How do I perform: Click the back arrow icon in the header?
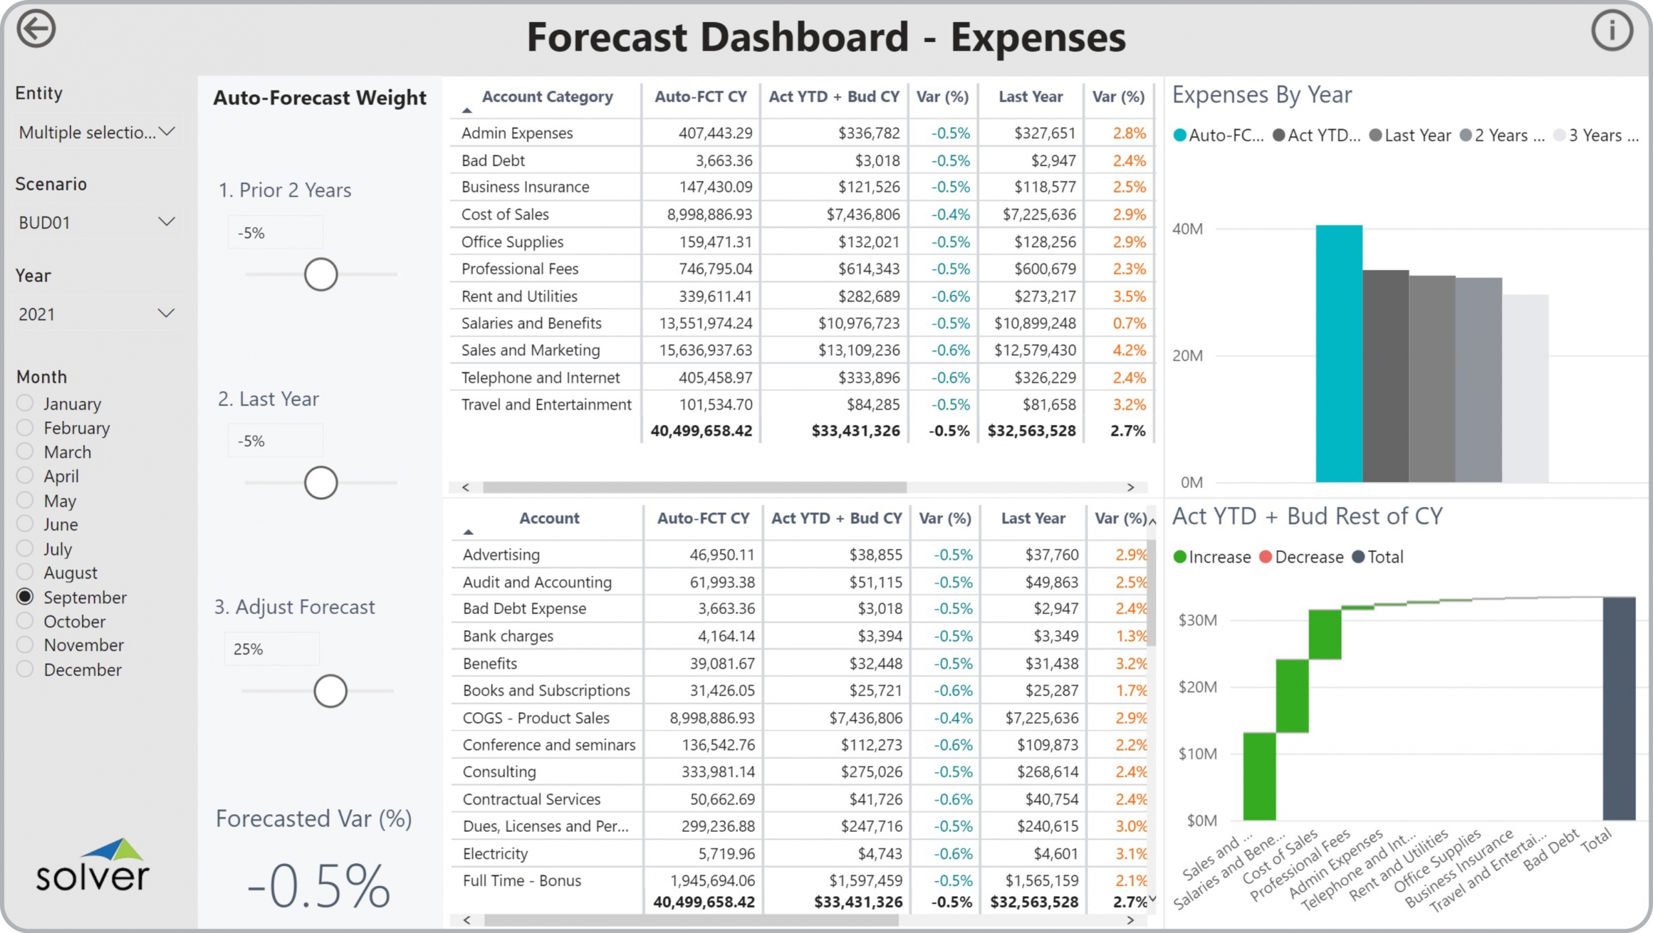pyautogui.click(x=36, y=29)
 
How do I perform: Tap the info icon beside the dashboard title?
pyautogui.click(x=1612, y=30)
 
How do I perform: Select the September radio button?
pyautogui.click(x=25, y=597)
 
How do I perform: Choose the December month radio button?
pyautogui.click(x=25, y=669)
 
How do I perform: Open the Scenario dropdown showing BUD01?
pyautogui.click(x=96, y=223)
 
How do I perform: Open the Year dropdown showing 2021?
pyautogui.click(x=96, y=314)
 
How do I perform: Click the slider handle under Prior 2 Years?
pyautogui.click(x=321, y=274)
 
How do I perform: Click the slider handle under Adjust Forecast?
pyautogui.click(x=330, y=691)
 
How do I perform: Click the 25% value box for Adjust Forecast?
pyautogui.click(x=271, y=649)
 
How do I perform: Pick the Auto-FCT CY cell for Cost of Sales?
pyautogui.click(x=709, y=214)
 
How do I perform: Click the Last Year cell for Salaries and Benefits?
pyautogui.click(x=1034, y=323)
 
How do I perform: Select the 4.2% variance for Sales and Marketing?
pyautogui.click(x=1129, y=350)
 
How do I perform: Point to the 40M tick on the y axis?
pyautogui.click(x=1187, y=229)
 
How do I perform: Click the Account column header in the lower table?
pyautogui.click(x=549, y=518)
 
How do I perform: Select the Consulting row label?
pyautogui.click(x=499, y=772)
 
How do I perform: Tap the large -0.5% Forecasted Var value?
pyautogui.click(x=318, y=886)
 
